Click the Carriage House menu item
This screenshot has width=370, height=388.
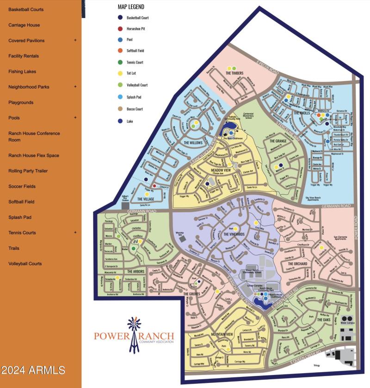coord(24,25)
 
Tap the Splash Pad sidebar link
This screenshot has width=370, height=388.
coord(20,217)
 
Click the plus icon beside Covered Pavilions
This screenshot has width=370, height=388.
coord(75,40)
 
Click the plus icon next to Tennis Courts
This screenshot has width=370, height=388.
coord(75,232)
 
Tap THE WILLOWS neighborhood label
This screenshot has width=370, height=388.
coord(193,143)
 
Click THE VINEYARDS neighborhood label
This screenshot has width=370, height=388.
coord(227,235)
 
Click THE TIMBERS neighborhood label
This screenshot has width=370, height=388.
coord(234,73)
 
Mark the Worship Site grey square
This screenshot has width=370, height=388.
coord(182,238)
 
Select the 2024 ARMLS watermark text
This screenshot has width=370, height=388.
coord(33,370)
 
